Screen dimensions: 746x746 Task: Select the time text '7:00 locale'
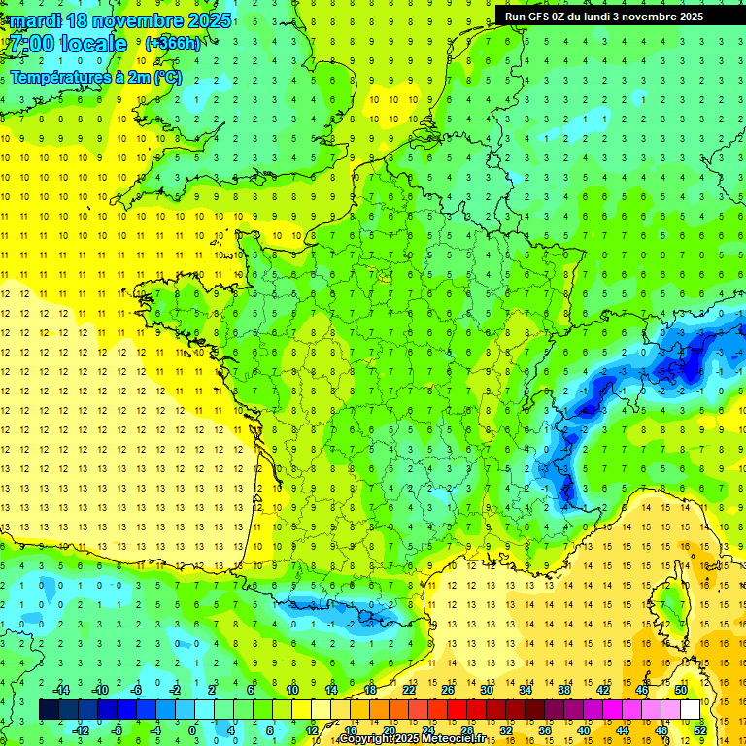[68, 44]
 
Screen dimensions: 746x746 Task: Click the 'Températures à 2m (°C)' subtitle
[95, 78]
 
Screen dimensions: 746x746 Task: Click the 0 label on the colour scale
[191, 729]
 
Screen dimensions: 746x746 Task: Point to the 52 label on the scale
[699, 729]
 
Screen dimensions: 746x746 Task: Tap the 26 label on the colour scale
[447, 690]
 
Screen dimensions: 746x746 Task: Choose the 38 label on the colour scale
[563, 690]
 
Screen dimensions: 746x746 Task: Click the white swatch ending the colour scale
[690, 709]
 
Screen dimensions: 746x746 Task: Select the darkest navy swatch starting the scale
[49, 709]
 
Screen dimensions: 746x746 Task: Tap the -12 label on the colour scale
[82, 729]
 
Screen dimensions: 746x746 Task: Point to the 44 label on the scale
[622, 729]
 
